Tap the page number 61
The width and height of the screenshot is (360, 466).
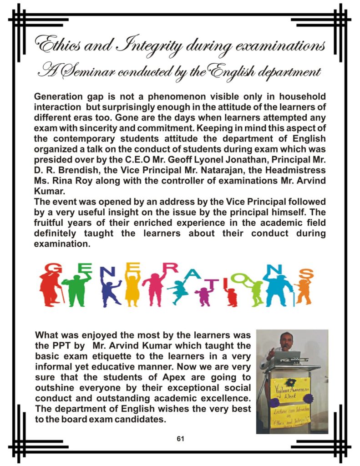click(180, 439)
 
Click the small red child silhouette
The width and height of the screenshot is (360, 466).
click(232, 296)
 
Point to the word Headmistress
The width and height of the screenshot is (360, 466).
click(297, 170)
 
